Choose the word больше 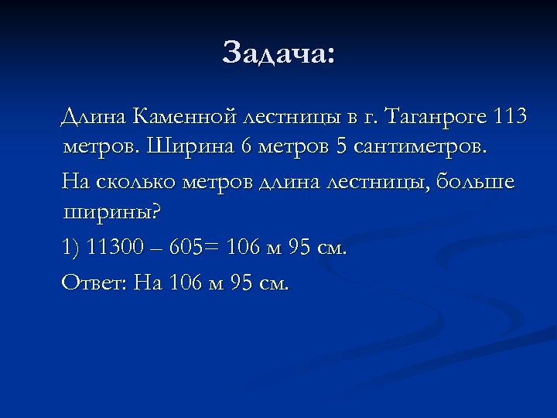pos(475,182)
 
